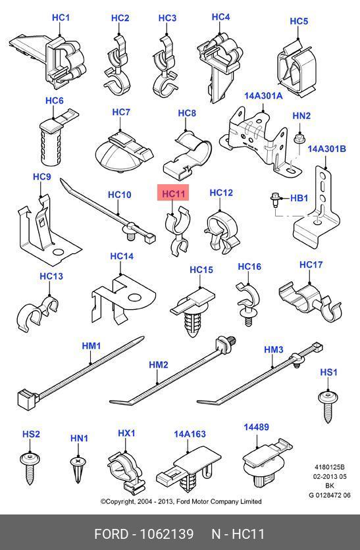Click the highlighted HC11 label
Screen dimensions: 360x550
click(x=173, y=193)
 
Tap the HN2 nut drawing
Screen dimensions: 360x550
click(x=299, y=139)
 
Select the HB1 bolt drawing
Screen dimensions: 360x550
click(x=274, y=199)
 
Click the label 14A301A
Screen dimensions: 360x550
click(x=263, y=96)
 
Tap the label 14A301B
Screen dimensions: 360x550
click(x=326, y=149)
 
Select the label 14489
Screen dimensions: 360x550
click(x=257, y=427)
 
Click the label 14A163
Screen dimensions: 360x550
click(x=190, y=434)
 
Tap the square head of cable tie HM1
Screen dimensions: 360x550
click(x=28, y=399)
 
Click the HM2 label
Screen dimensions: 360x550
click(x=159, y=364)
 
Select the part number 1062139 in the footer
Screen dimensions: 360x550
click(x=167, y=534)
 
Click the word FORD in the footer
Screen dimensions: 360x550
click(x=111, y=534)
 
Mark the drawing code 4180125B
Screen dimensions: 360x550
click(x=330, y=467)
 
